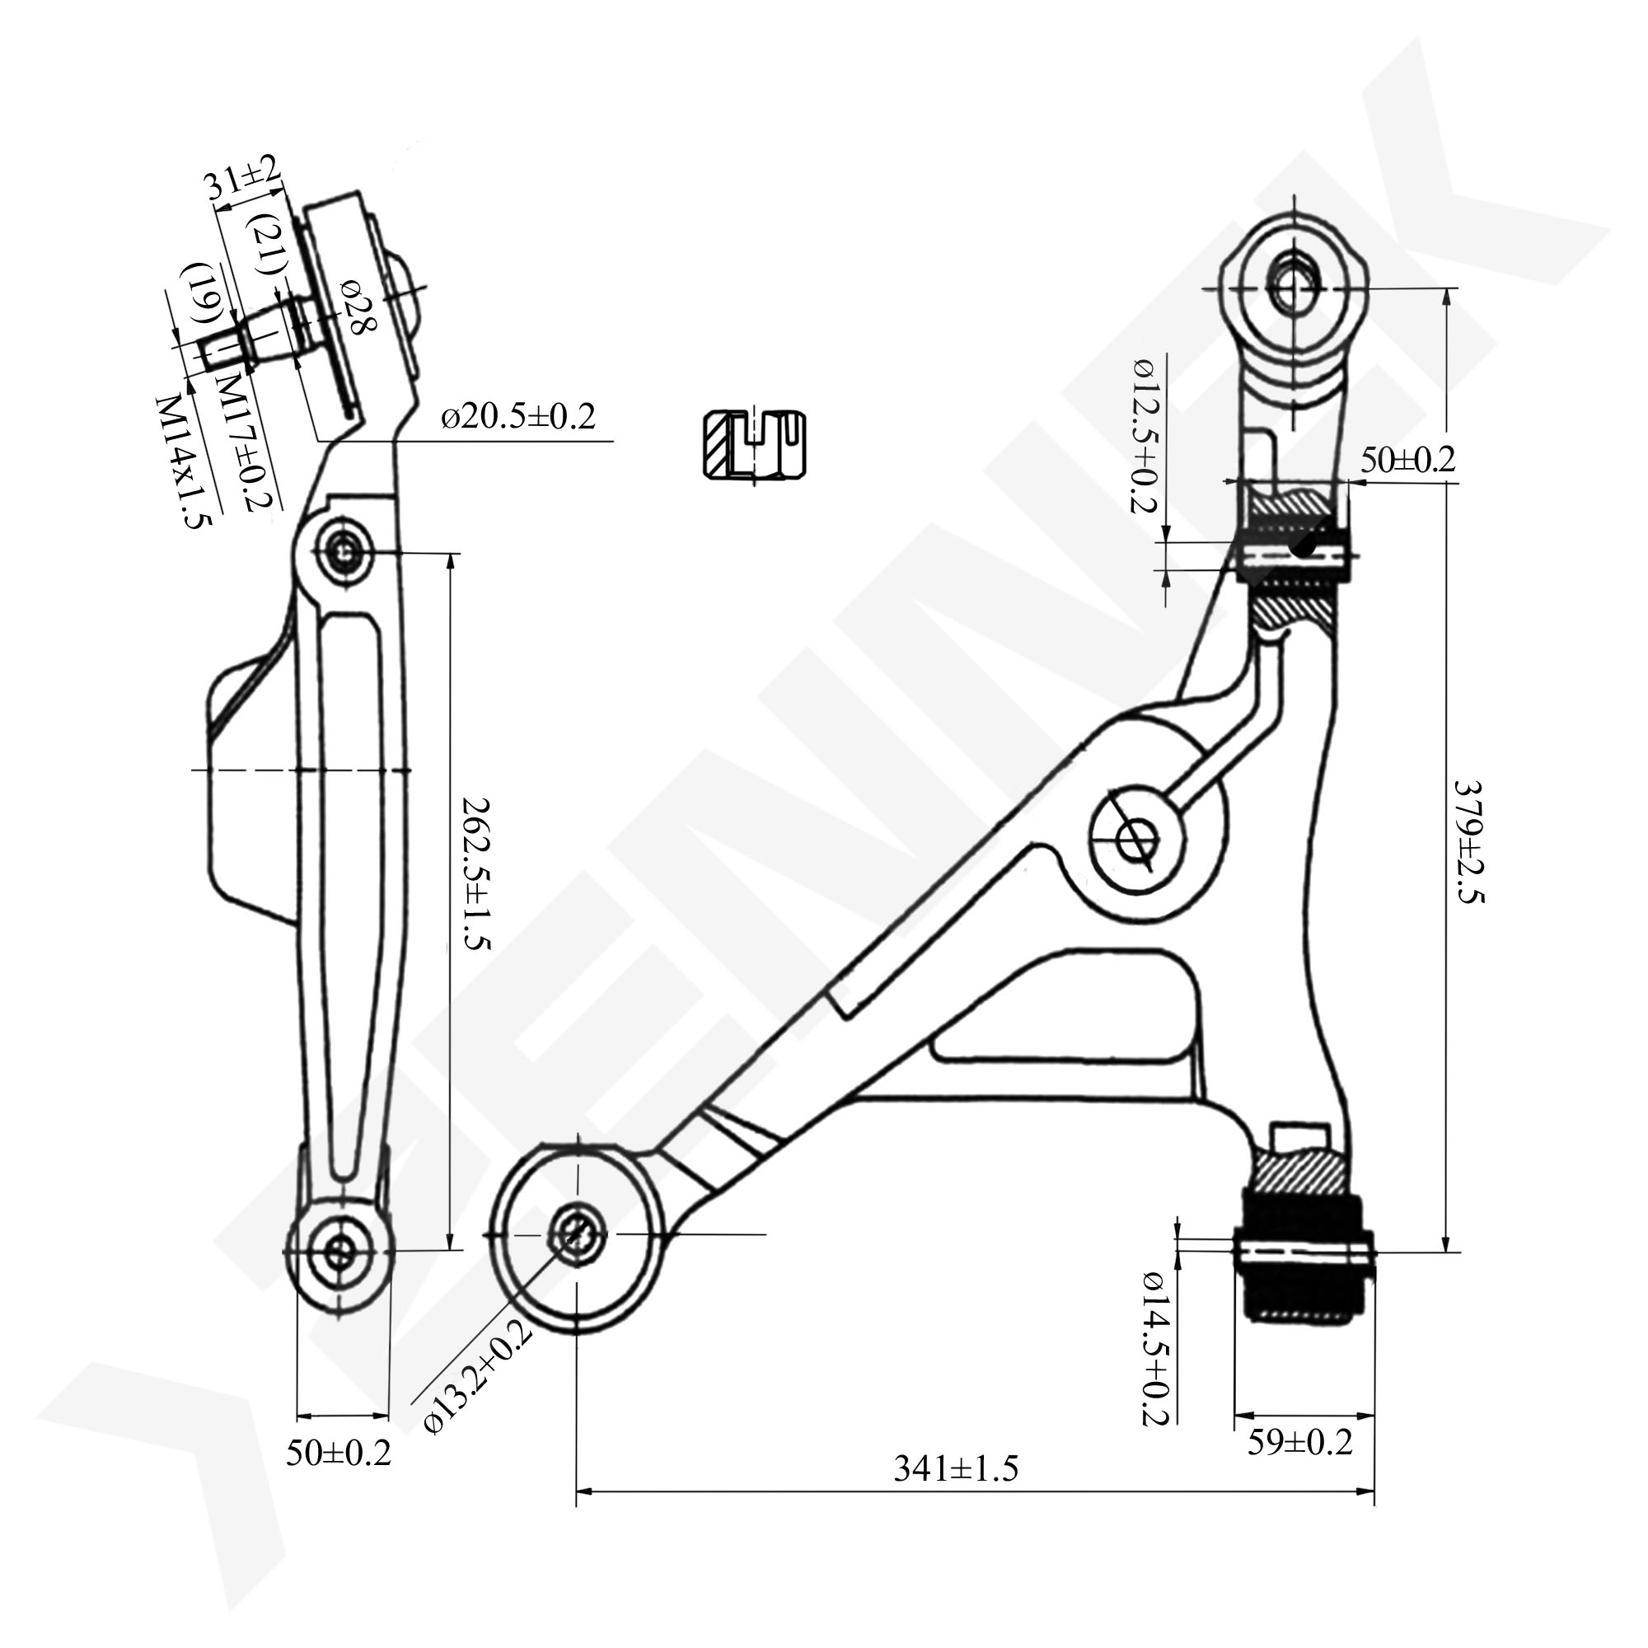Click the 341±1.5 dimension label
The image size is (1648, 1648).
pos(956,1469)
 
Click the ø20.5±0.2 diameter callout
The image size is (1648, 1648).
pos(517,418)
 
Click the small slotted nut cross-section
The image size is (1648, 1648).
pos(755,445)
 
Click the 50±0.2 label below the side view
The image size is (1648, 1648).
pos(338,1454)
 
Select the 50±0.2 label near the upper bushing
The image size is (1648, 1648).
pos(1407,460)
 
